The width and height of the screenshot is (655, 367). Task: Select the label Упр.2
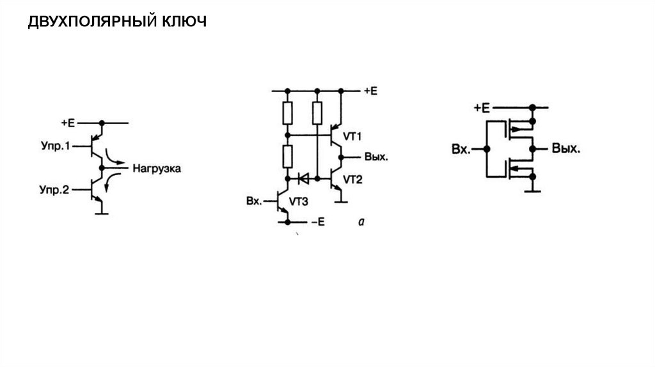tap(54, 189)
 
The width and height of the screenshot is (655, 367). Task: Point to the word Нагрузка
tap(157, 169)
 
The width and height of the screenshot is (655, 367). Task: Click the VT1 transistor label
tap(352, 136)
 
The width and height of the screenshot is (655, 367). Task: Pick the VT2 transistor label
tap(352, 180)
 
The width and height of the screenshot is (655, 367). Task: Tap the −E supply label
tap(318, 222)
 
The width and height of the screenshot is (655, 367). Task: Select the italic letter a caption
tap(361, 222)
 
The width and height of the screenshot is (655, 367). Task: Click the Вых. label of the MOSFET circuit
tap(566, 149)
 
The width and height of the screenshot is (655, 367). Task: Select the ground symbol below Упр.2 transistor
tap(101, 212)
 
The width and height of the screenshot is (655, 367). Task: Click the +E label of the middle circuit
tap(370, 91)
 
